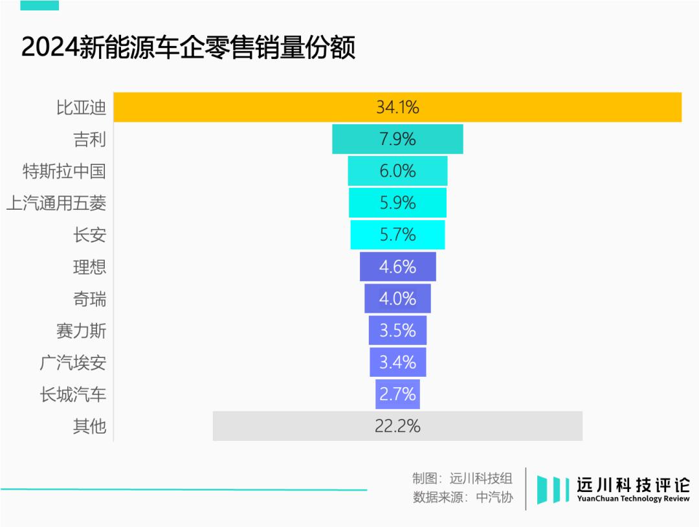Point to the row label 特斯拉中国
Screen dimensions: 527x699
point(64,172)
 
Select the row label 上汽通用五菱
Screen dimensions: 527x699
point(56,203)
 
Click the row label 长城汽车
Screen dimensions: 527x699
point(72,394)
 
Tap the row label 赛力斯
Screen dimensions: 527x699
point(81,331)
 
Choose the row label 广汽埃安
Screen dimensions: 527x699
point(72,363)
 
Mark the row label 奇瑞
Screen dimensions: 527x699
point(89,299)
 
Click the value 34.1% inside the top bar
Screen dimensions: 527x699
point(397,107)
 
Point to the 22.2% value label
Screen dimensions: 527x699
point(398,426)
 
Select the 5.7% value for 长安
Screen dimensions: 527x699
point(397,235)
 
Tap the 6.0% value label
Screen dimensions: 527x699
point(397,172)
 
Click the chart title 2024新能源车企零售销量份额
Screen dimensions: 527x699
point(188,49)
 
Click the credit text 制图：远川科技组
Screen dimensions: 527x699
point(462,478)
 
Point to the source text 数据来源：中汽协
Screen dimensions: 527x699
point(462,497)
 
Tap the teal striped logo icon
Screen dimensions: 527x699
point(552,489)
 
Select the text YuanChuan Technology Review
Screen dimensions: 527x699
point(633,499)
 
